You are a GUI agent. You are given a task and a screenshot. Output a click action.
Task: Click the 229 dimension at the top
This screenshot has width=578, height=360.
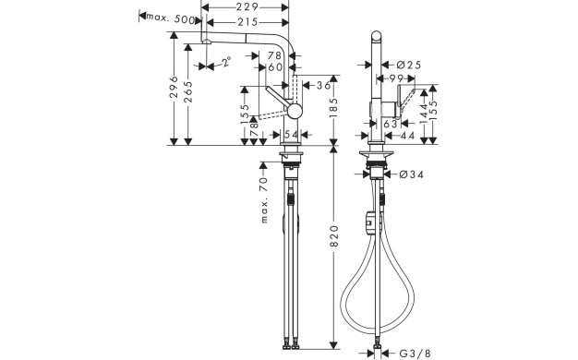(x=247, y=7)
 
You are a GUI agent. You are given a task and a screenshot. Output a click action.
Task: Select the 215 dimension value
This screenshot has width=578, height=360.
(x=247, y=22)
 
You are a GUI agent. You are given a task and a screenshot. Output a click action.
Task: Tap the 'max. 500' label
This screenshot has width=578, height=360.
(x=171, y=18)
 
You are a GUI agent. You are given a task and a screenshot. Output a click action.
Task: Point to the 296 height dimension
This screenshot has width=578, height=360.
(x=174, y=87)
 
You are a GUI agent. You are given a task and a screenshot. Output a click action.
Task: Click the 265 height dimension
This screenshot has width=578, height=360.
(x=188, y=91)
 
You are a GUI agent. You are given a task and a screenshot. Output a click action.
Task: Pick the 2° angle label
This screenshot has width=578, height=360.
(x=227, y=61)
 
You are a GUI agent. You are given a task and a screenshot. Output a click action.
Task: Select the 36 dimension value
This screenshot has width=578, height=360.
(x=324, y=86)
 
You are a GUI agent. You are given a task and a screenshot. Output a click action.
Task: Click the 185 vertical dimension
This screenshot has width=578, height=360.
(x=333, y=108)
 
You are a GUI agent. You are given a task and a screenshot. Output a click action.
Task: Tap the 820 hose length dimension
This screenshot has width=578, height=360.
(x=333, y=236)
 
